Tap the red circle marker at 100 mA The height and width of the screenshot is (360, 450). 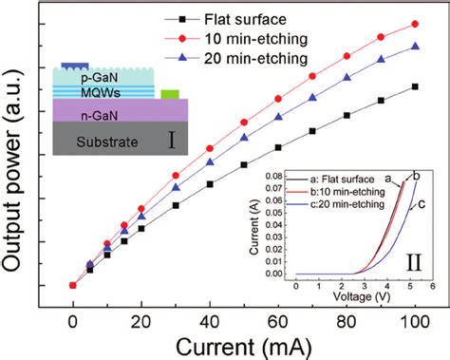coord(414,24)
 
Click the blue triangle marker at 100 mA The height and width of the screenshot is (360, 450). coord(414,46)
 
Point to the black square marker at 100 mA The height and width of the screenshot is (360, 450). coord(414,86)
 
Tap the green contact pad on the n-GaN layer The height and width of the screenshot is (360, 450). coord(170,94)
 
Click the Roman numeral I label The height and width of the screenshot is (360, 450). coord(171,142)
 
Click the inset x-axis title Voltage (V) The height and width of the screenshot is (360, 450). coord(365,296)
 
